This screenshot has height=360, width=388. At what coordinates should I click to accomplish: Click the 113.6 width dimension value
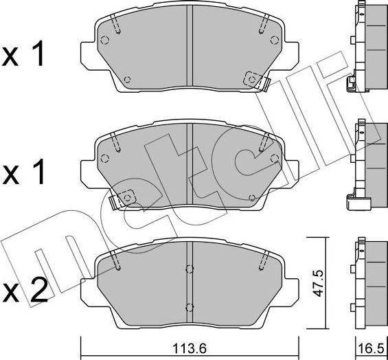pyautogui.click(x=190, y=347)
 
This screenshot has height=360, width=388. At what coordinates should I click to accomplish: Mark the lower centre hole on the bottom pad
pyautogui.click(x=189, y=306)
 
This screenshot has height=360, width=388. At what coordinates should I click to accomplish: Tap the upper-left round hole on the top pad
pyautogui.click(x=104, y=39)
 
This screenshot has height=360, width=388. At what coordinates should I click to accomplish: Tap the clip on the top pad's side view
pyautogui.click(x=352, y=84)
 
